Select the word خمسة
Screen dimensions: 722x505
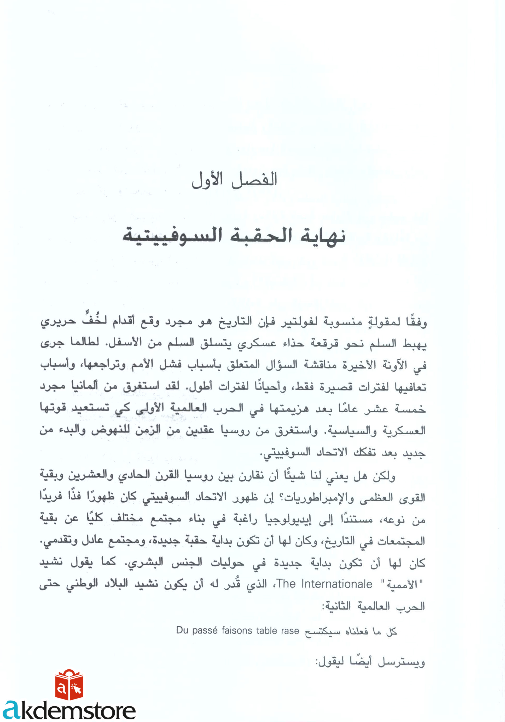pos(410,409)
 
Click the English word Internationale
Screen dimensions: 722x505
pos(336,584)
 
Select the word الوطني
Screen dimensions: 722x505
pos(82,584)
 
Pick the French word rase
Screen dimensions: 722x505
pos(290,630)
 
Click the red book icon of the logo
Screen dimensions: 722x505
pos(69,685)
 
